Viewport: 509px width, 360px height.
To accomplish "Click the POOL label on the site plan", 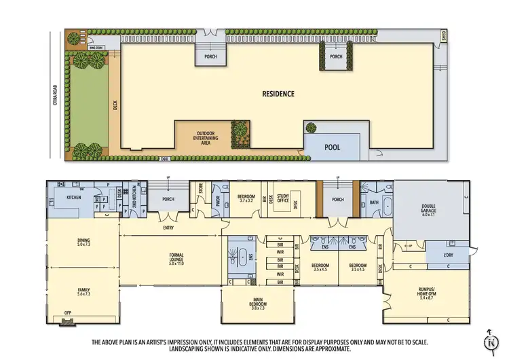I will pos(333,147).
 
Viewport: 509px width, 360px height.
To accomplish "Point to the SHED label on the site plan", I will pos(444,35).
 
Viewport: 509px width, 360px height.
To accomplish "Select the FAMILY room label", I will pos(83,289).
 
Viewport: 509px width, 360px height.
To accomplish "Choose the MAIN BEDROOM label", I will pos(257,304).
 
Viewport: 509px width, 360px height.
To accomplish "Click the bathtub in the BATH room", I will pos(388,206).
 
